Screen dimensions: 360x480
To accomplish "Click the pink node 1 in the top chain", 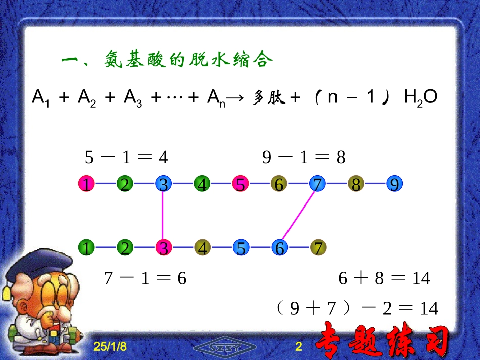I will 86,184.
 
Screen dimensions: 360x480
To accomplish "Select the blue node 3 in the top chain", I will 163,184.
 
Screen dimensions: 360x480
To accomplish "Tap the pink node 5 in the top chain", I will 241,184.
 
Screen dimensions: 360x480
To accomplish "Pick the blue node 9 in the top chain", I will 395,184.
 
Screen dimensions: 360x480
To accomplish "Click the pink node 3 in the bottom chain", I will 163,248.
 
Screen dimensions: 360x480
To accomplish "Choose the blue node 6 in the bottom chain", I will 279,248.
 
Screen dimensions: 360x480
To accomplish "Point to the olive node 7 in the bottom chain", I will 318,248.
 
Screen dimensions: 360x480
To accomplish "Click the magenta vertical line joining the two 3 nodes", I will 163,216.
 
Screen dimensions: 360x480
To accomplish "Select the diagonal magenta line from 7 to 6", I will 299,216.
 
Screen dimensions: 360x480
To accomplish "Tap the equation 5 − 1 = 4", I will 126,158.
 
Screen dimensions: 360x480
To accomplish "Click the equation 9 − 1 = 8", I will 304,158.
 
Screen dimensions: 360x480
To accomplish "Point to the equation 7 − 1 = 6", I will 145,278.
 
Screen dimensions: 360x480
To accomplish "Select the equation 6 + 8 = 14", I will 384,278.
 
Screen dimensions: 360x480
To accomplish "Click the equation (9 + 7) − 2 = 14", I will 357,308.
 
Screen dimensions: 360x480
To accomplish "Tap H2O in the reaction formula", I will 420,97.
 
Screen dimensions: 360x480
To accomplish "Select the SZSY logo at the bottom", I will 225,348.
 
